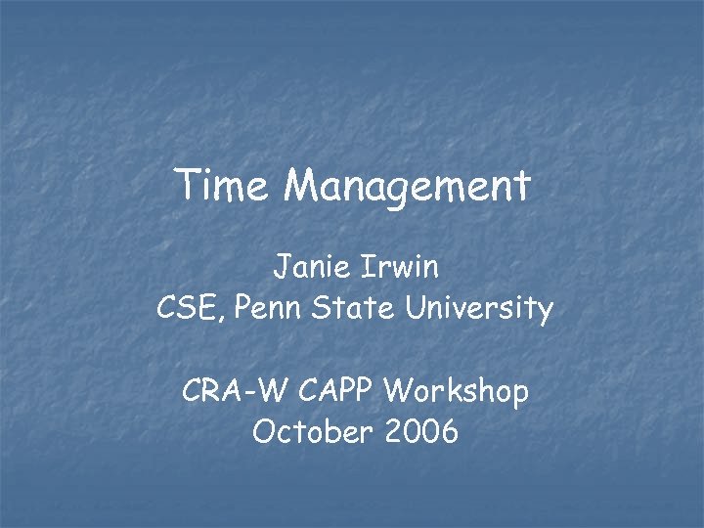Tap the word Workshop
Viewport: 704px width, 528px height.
coord(457,393)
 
